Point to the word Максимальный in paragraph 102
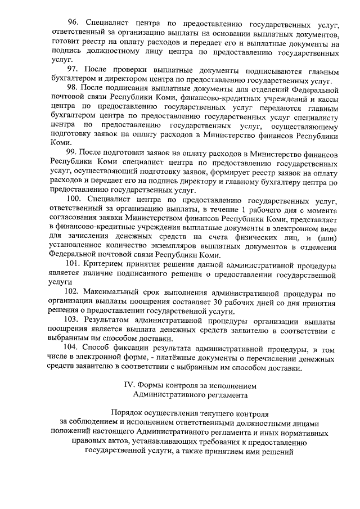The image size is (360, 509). pyautogui.click(x=114, y=292)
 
